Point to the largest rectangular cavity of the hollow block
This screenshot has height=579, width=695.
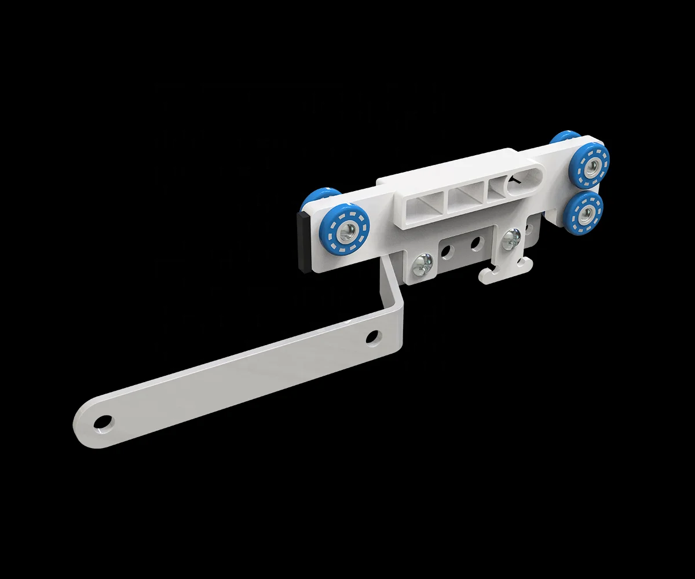tap(423, 206)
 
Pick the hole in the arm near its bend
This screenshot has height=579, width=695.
tap(373, 336)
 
